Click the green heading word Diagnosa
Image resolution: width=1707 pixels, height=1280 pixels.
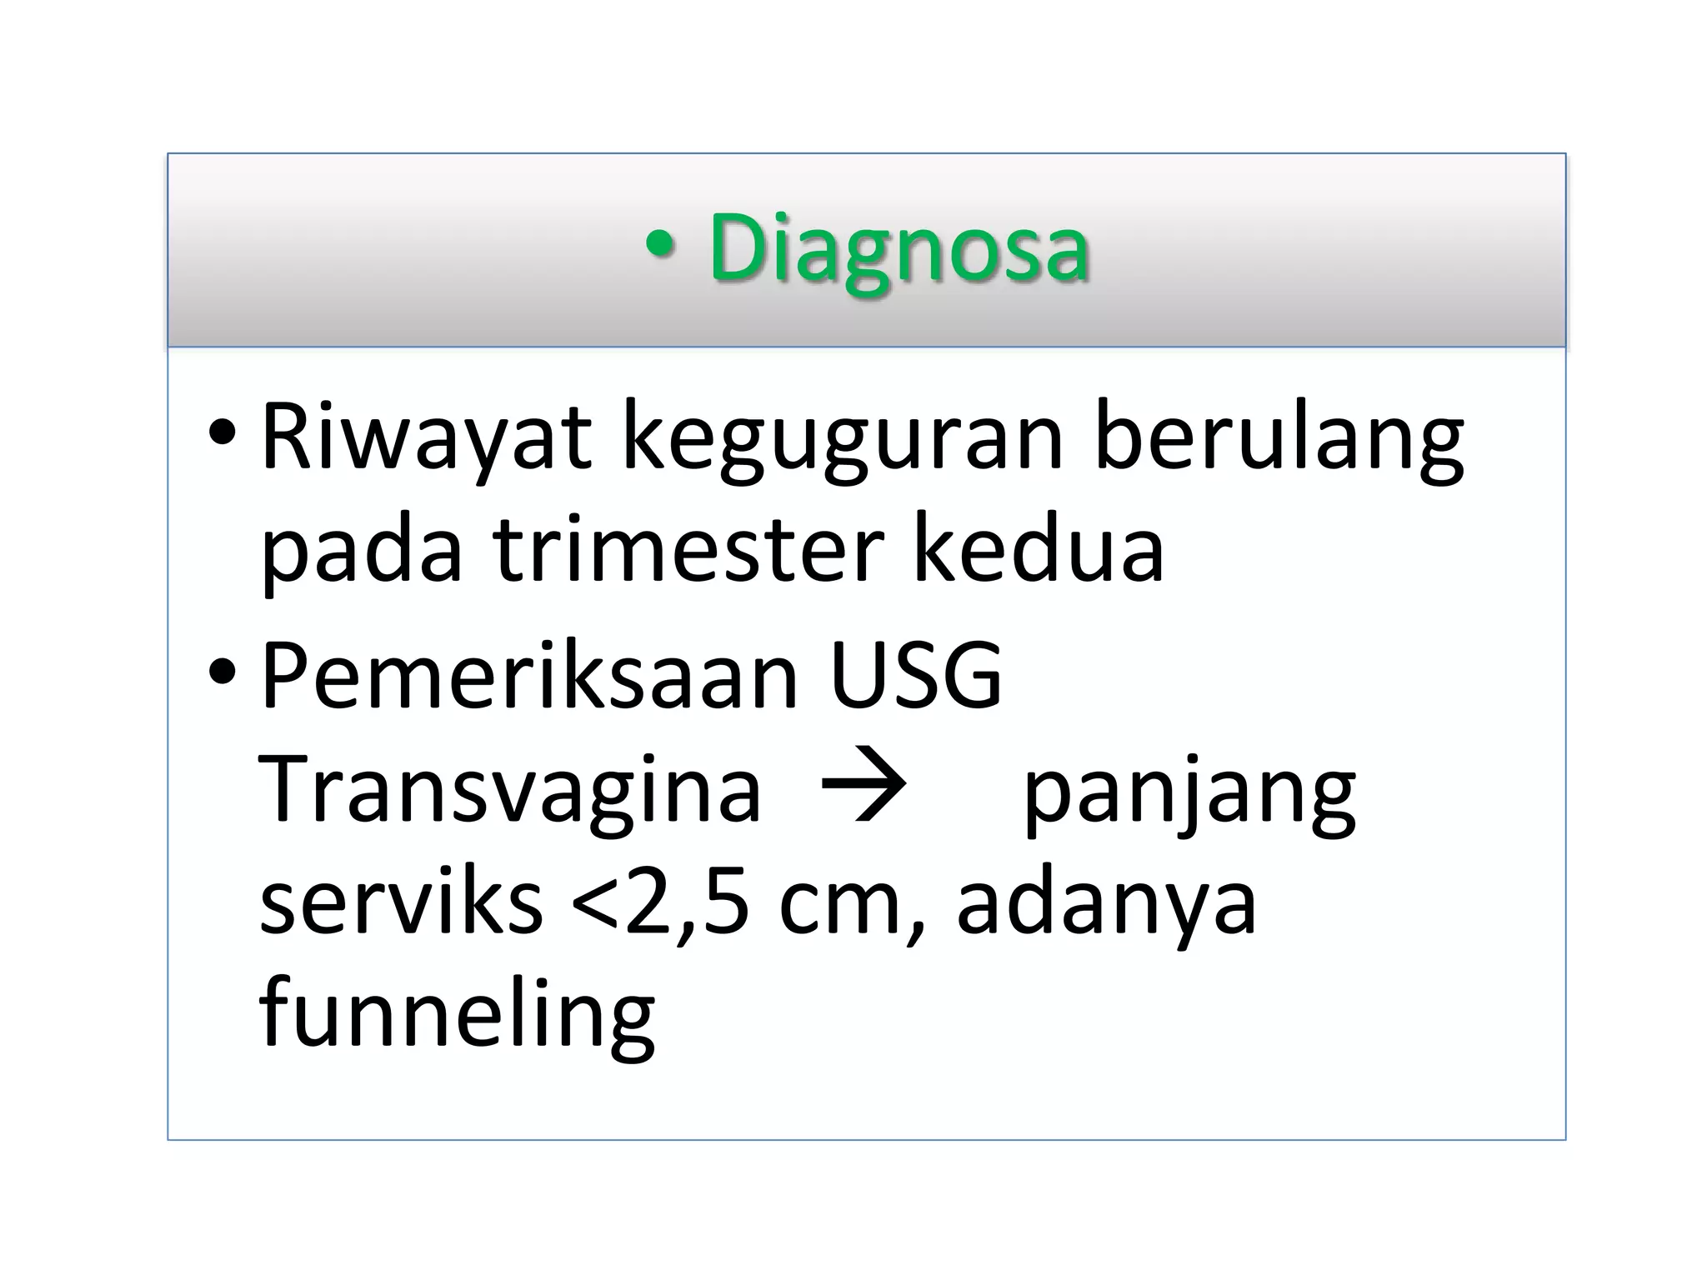[x=899, y=248]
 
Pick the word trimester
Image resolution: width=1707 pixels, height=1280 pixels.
[x=688, y=550]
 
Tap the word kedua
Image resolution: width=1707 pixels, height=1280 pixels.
[x=1039, y=550]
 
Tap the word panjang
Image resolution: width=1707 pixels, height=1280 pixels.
[x=1189, y=796]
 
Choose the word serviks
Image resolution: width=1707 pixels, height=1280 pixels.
[x=401, y=903]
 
